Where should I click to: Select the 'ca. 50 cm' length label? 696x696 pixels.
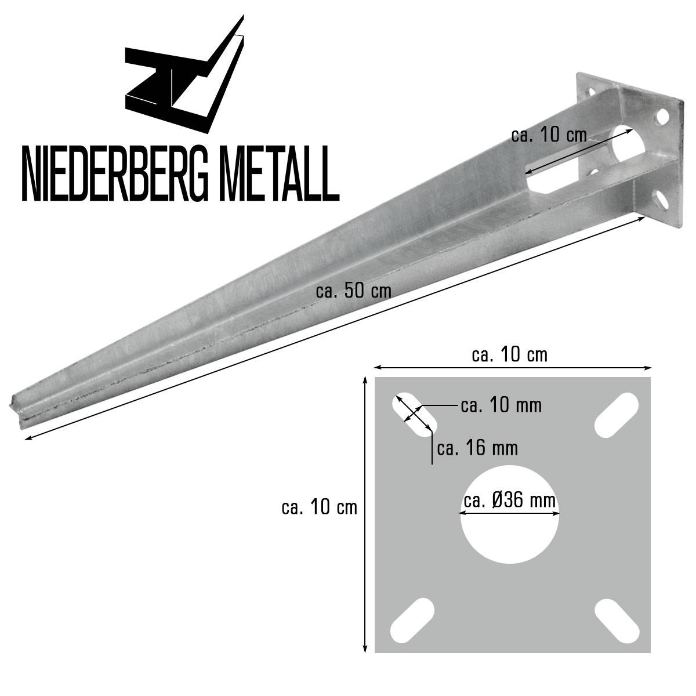point(353,291)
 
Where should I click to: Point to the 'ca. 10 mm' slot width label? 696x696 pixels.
point(501,405)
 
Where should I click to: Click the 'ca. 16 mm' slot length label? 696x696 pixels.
point(477,448)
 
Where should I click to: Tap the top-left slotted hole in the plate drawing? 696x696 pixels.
point(413,415)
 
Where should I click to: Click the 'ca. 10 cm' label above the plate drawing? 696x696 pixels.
point(509,354)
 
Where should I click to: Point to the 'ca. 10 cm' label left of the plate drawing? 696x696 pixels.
point(319,507)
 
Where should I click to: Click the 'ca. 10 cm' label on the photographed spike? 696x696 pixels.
point(549,135)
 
